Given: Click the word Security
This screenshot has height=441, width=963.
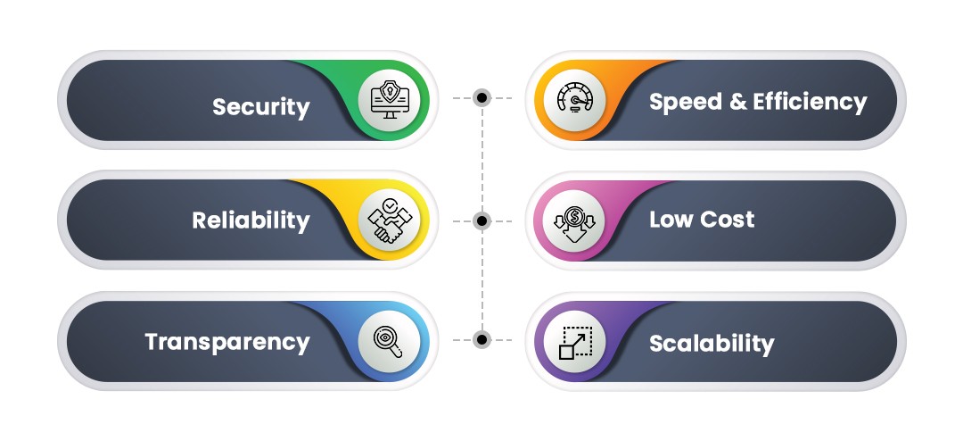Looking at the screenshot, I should tap(260, 107).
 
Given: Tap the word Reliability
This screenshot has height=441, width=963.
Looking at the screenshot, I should tap(251, 220).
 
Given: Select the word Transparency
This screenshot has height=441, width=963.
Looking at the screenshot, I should tap(227, 341).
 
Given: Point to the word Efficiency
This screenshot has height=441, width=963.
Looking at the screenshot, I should tap(810, 102).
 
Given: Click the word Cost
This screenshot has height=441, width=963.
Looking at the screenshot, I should tap(727, 220).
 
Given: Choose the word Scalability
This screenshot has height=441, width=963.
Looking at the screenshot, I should tap(712, 343).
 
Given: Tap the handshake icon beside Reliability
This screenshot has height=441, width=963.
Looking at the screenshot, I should tap(391, 220).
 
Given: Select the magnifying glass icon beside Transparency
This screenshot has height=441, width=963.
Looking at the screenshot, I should tap(391, 339).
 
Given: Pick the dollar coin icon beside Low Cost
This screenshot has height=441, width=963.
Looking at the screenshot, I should tap(573, 220).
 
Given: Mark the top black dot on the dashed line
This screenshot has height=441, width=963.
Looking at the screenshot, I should tap(481, 97).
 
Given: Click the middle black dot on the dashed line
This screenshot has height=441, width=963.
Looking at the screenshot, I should tap(481, 220).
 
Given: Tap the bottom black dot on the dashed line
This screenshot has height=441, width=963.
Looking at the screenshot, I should tap(481, 339).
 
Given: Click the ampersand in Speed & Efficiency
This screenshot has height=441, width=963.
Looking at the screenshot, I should tap(737, 102).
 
